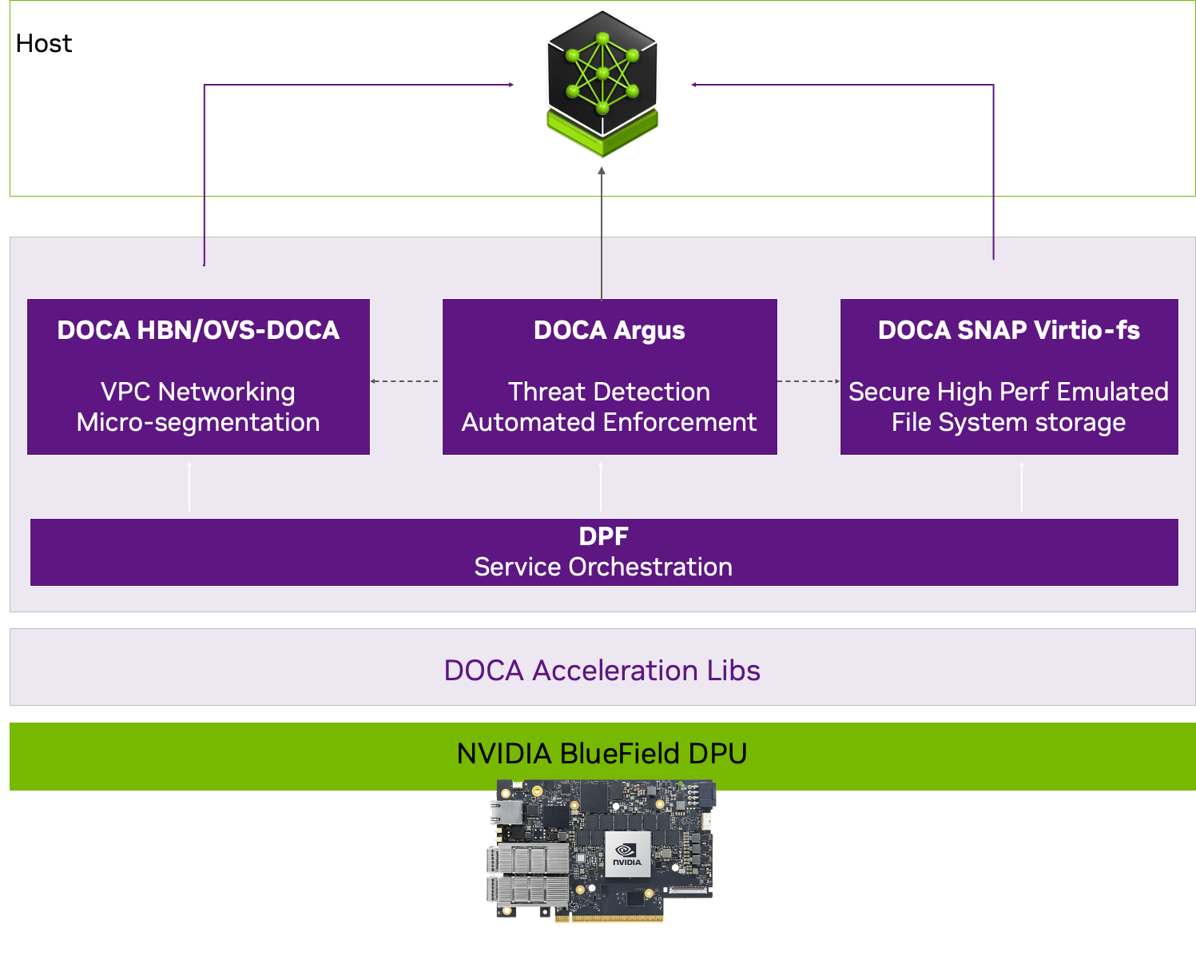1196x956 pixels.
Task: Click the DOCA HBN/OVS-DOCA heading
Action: click(x=198, y=330)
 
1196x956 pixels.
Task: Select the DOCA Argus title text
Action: click(x=609, y=330)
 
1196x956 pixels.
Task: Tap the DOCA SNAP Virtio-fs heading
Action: click(x=1008, y=330)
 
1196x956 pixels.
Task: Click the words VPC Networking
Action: click(x=198, y=392)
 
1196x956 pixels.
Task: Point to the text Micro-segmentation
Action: click(x=198, y=422)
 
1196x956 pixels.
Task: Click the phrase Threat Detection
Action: click(x=609, y=392)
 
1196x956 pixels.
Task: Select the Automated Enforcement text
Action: click(x=609, y=422)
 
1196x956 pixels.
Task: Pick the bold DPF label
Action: click(x=603, y=536)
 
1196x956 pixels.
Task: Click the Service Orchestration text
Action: click(x=603, y=567)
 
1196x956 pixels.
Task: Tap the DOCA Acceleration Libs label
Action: click(x=602, y=670)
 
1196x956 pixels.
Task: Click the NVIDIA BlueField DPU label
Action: click(x=602, y=753)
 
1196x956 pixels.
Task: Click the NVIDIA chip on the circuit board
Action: click(x=628, y=854)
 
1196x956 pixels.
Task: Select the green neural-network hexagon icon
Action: click(x=602, y=80)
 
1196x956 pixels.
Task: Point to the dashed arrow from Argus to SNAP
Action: click(x=809, y=381)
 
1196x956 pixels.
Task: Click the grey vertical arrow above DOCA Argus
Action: click(x=602, y=232)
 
